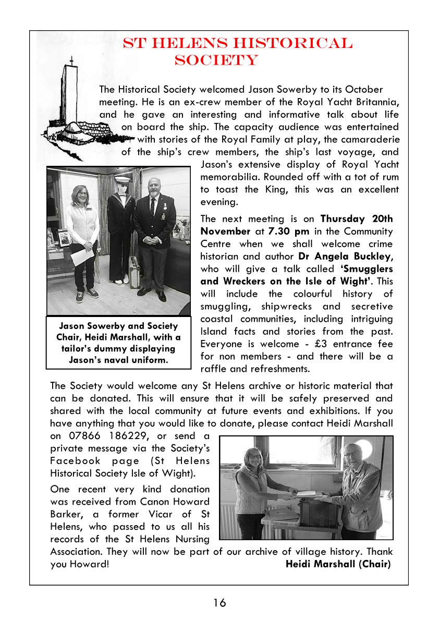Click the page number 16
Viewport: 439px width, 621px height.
(x=219, y=603)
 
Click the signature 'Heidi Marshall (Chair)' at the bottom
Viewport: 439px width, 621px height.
(x=338, y=564)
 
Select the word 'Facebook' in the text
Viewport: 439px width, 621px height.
(x=74, y=461)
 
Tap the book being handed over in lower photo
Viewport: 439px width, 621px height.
(x=302, y=492)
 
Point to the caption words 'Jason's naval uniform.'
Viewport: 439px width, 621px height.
(x=118, y=360)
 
